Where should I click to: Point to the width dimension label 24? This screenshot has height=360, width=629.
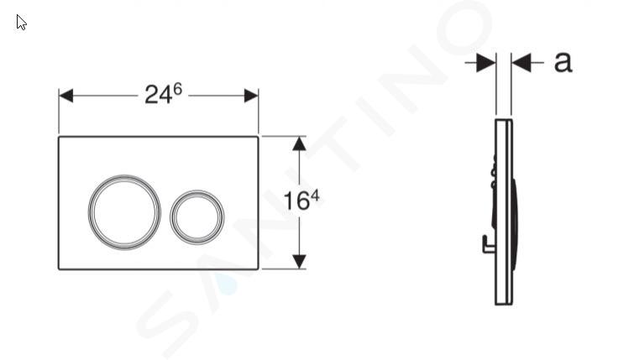pos(159,96)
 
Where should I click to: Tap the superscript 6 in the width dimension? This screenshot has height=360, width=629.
pos(178,89)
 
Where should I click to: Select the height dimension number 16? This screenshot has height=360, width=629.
pos(296,201)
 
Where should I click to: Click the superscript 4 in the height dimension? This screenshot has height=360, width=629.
pos(315,196)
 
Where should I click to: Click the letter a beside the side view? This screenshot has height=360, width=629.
pos(563,62)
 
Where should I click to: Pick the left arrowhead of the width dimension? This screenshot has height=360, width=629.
pos(66,96)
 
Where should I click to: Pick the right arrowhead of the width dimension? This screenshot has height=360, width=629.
pos(251,96)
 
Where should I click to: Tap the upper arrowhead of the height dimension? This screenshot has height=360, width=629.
pos(299,143)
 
